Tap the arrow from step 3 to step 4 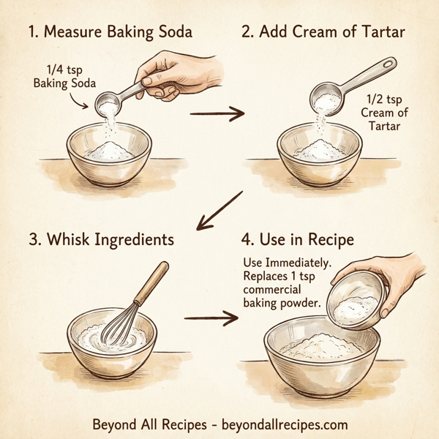[x=212, y=319]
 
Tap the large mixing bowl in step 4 [x=322, y=359]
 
